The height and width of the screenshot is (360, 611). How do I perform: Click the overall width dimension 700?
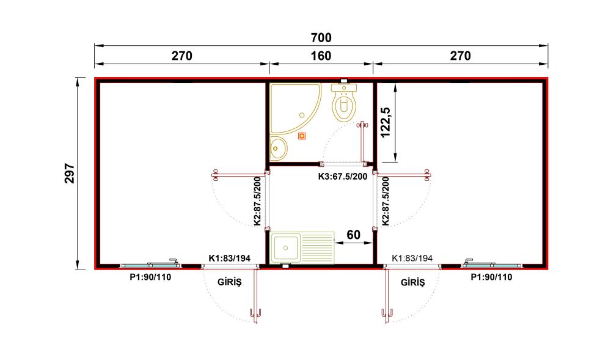(x=321, y=38)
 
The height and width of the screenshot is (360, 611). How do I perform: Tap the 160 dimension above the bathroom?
(x=321, y=56)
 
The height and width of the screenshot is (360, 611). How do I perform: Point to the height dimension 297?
(x=70, y=173)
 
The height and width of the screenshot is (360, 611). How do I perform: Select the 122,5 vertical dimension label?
(x=386, y=122)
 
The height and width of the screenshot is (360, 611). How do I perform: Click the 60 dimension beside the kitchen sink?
(x=353, y=235)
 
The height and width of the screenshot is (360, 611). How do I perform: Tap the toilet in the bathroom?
(x=343, y=101)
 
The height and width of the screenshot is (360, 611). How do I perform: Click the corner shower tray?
(x=296, y=109)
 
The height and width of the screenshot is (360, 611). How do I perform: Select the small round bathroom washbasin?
(x=278, y=149)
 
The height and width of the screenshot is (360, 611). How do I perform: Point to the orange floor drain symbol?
(x=302, y=136)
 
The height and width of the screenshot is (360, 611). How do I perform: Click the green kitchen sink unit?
(x=302, y=248)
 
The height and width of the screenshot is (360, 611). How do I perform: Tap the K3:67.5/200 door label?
(x=343, y=177)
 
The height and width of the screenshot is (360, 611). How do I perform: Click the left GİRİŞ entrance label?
(x=230, y=282)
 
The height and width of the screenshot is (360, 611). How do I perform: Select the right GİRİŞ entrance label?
(x=412, y=282)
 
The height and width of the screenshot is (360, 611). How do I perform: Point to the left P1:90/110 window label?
(x=150, y=277)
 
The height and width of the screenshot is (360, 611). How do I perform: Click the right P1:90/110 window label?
(x=491, y=277)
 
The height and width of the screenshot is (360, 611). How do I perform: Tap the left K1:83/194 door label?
(x=230, y=258)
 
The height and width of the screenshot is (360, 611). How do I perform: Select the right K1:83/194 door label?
(x=412, y=258)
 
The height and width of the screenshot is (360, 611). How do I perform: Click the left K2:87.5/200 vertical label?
(x=257, y=202)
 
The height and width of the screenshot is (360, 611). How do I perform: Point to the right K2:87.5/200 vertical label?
(x=386, y=202)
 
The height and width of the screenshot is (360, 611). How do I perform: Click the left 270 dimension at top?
(x=182, y=56)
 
